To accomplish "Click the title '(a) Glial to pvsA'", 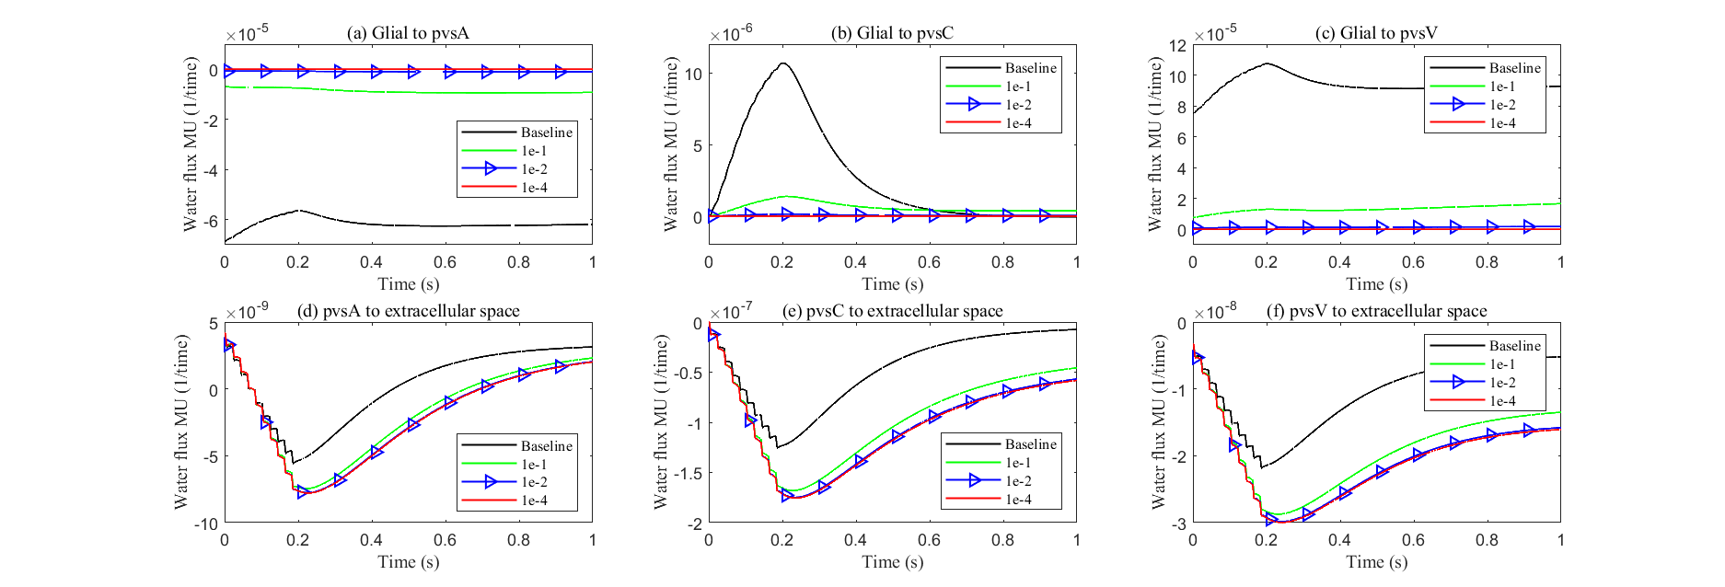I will coord(408,33).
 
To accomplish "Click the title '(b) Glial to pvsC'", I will coord(892,33).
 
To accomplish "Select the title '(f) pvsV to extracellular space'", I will coord(1376,311).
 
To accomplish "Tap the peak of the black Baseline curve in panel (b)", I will coord(782,63).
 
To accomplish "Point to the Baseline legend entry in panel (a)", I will coord(546,132).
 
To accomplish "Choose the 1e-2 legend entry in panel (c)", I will coord(1502,105).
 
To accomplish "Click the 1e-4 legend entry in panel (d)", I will coord(534,501).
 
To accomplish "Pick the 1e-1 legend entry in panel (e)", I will coord(1018,463).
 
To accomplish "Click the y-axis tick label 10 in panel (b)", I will coord(693,75).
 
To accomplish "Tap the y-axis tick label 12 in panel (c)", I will coord(1177,45).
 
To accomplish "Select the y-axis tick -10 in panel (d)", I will coord(205,524).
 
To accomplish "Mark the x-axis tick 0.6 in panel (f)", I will coord(1413,540).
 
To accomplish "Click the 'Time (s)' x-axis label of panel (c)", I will coord(1376,284).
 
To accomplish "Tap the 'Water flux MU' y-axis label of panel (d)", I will coord(181,422).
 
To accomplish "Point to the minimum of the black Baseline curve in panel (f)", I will coord(1262,467).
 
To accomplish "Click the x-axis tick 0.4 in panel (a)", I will coord(371,262).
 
